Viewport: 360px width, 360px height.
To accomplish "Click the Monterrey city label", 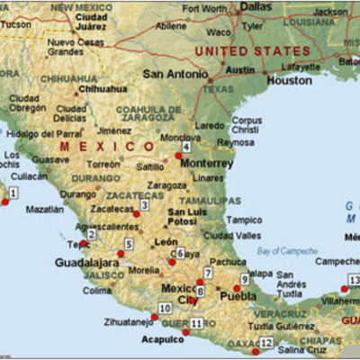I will click(x=208, y=164).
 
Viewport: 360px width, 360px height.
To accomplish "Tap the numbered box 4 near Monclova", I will click(x=186, y=147).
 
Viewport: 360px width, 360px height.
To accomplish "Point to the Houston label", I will click(x=289, y=80).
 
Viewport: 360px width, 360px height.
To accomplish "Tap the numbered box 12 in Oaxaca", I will click(x=266, y=342).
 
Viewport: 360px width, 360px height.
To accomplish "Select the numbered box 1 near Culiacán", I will click(x=14, y=192).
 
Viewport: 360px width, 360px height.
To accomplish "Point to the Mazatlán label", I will click(x=45, y=209).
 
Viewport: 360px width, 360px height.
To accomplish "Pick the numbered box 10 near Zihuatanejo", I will click(x=165, y=309).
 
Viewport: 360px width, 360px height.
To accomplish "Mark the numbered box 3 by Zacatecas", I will click(x=144, y=205).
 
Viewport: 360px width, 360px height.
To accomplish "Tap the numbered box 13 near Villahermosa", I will click(x=354, y=280).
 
